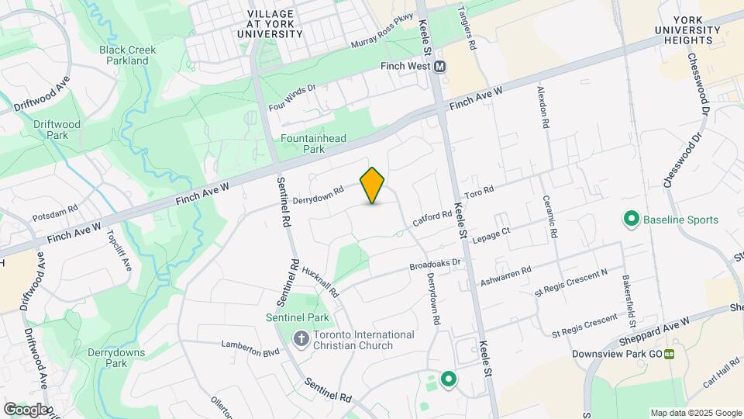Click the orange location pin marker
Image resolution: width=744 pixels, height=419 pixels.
[373, 185]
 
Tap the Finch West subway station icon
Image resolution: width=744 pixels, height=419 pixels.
[440, 67]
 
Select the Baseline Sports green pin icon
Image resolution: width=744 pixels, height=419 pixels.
[631, 220]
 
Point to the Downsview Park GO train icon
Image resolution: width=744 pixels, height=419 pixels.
[668, 354]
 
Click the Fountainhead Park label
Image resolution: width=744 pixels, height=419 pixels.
[313, 144]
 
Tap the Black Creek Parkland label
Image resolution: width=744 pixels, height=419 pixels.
[128, 55]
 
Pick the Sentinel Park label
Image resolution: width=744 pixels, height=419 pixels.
[297, 317]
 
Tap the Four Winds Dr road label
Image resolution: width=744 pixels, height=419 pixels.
[292, 98]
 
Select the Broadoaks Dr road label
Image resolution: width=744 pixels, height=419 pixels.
[435, 264]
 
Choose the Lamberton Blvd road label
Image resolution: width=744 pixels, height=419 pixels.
[250, 347]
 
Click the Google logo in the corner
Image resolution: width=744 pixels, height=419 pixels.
[26, 409]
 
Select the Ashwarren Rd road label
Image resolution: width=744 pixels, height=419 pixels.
[505, 275]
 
